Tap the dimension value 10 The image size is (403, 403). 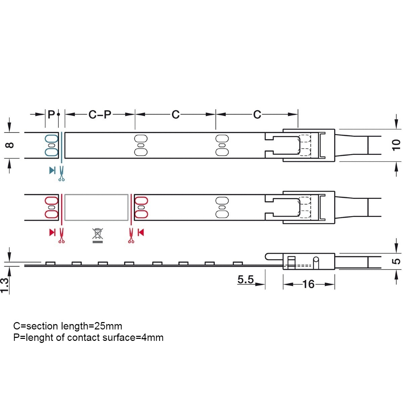(396, 145)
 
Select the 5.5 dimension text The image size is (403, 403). (245, 280)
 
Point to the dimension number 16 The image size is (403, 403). (309, 284)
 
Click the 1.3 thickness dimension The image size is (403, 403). (5, 285)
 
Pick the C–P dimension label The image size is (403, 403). (99, 115)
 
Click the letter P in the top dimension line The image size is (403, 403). (51, 115)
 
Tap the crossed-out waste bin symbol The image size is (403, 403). (97, 236)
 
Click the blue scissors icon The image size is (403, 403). (61, 174)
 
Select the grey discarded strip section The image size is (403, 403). (96, 207)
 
